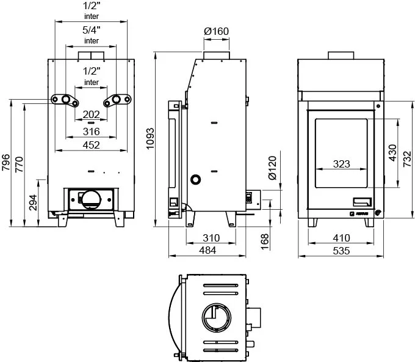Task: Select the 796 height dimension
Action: pyautogui.click(x=5, y=164)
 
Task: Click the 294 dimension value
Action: pyautogui.click(x=33, y=202)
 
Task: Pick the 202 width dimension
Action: pyautogui.click(x=91, y=114)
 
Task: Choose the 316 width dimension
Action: pyautogui.click(x=91, y=131)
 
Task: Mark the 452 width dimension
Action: pyautogui.click(x=91, y=145)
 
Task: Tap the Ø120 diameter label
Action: pyautogui.click(x=273, y=168)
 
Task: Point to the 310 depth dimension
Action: pyautogui.click(x=211, y=237)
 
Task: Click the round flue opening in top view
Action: pyautogui.click(x=216, y=318)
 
